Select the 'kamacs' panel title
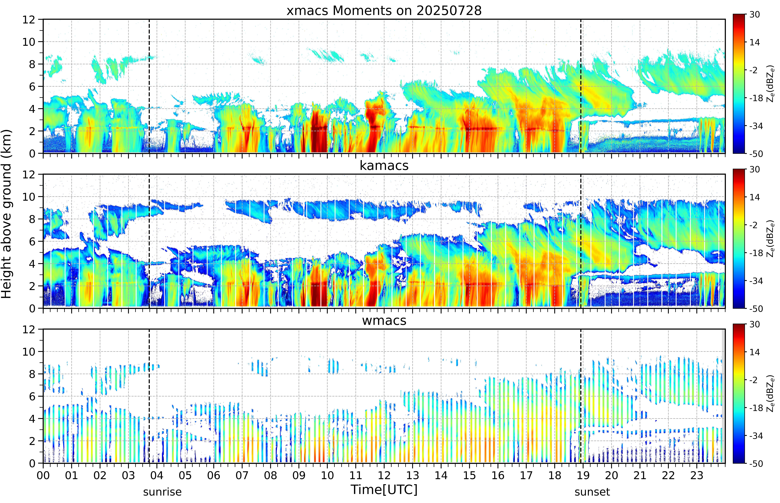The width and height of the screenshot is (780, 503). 384,166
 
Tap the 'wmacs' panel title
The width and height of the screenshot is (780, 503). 384,320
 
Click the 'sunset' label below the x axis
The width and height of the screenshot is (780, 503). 592,492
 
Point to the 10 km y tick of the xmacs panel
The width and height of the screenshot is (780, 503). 29,42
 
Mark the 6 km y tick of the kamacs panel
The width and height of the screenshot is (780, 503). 32,241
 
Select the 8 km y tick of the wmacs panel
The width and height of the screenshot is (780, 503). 32,374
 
